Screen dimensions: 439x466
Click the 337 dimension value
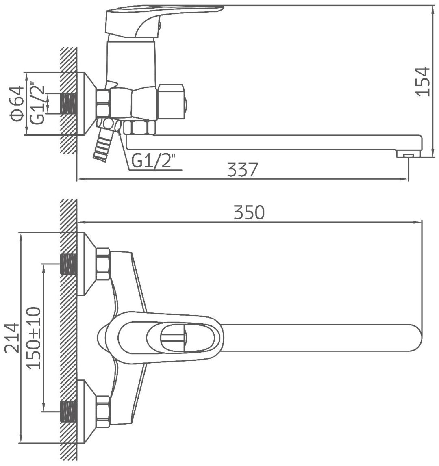(242, 169)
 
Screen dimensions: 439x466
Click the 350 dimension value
(249, 212)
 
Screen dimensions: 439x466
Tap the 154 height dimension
(423, 81)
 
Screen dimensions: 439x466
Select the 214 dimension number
(13, 338)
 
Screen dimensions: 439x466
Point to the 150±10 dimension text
(34, 338)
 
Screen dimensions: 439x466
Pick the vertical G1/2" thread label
(38, 104)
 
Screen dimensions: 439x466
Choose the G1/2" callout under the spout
(152, 161)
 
